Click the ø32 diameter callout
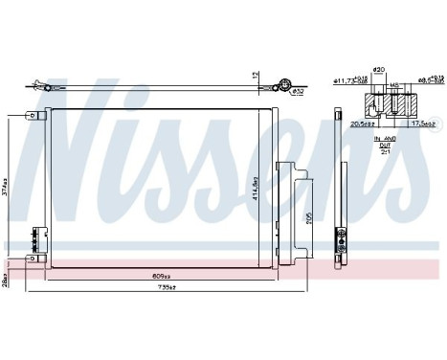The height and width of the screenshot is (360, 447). point(298,92)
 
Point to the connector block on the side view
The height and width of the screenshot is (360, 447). point(339,240)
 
